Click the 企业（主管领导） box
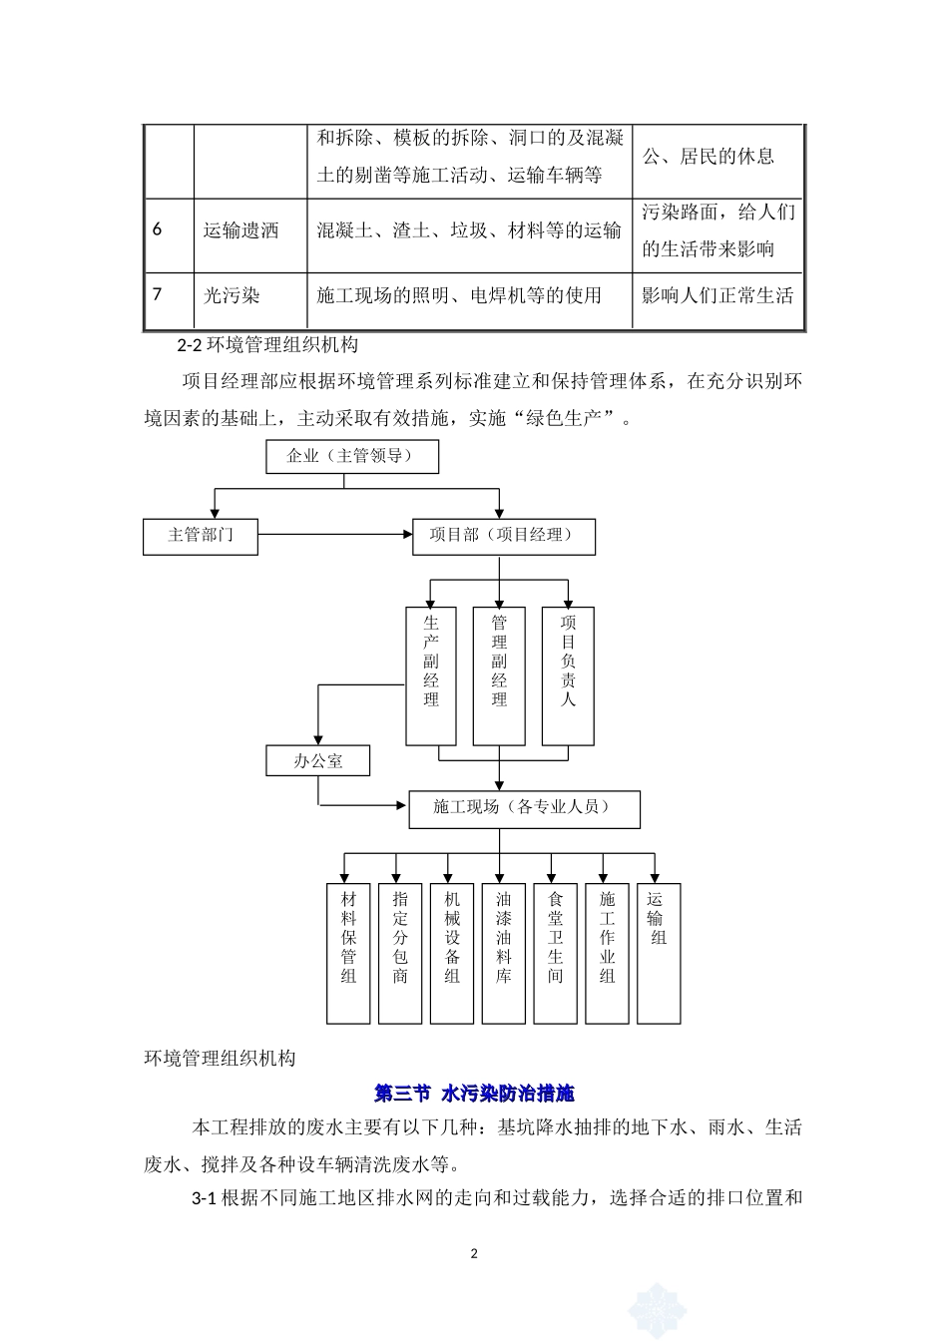353,456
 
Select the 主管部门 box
201,536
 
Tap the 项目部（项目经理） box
503,536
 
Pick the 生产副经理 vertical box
431,675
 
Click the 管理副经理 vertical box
499,675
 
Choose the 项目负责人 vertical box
568,675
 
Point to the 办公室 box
318,761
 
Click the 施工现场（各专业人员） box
524,808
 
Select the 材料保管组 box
348,953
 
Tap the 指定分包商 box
400,953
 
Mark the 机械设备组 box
452,953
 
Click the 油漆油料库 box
504,953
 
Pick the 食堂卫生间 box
556,953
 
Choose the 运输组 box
659,953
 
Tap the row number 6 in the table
158,229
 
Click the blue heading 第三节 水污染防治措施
474,1094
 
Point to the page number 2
474,1253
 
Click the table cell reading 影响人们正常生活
717,296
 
